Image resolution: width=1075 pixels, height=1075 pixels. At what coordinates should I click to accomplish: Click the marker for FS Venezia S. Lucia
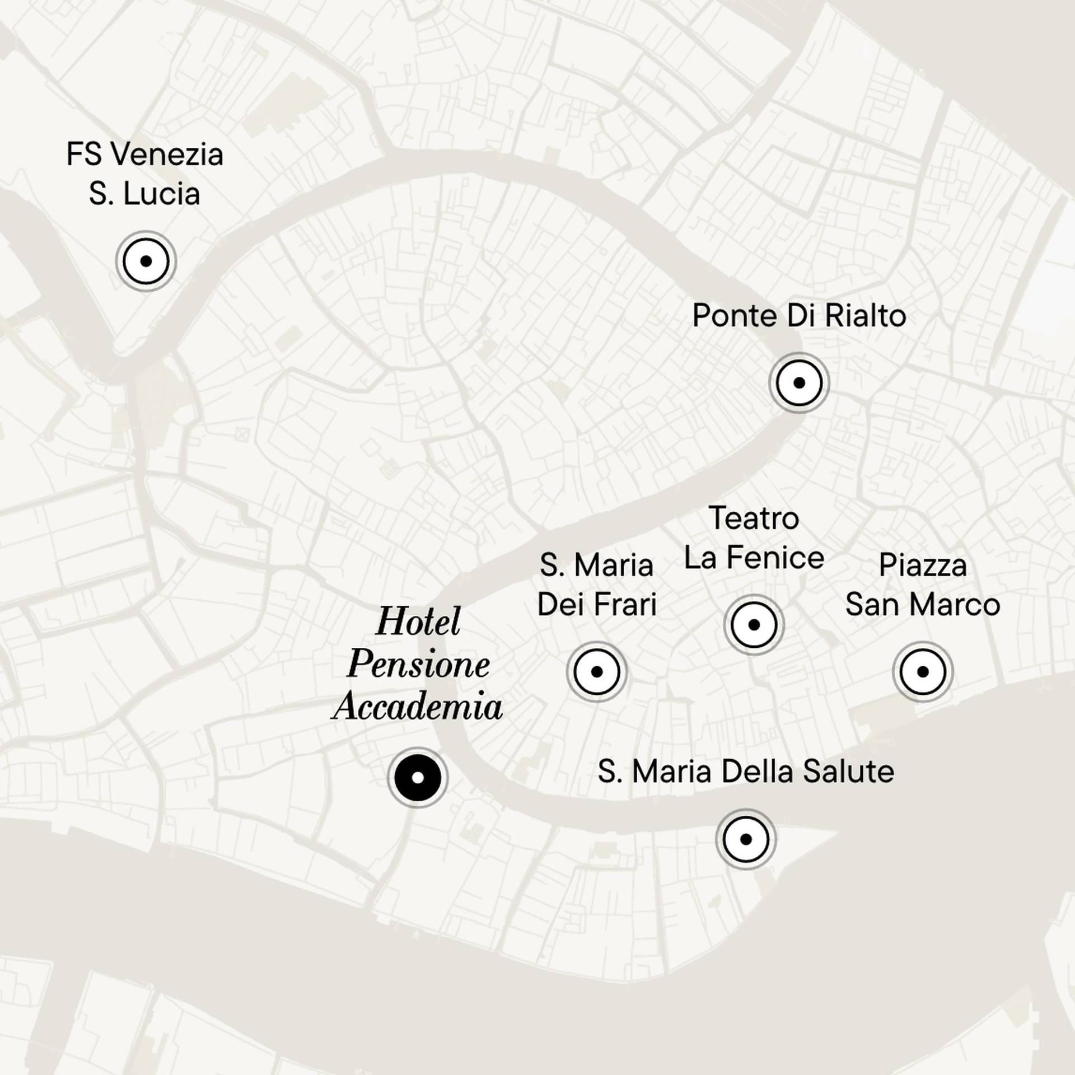point(146,261)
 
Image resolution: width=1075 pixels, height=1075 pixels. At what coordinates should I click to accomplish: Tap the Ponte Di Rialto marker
point(799,383)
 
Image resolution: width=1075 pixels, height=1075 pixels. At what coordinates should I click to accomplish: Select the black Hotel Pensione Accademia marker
point(417,778)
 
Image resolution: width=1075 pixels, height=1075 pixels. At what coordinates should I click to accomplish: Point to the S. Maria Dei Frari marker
point(596,671)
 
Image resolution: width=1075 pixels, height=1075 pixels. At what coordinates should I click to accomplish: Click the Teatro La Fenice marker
point(754,624)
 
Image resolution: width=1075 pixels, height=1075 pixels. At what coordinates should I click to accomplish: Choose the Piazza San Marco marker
point(923,671)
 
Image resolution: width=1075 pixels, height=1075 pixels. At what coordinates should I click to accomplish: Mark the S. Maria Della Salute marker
point(746,839)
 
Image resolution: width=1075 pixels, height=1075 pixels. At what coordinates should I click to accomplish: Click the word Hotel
point(418,621)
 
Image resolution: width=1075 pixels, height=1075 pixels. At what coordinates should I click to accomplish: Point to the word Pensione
point(418,665)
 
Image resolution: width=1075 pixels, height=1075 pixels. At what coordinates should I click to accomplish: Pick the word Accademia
point(418,706)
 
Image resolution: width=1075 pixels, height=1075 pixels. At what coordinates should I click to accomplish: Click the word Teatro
point(754,518)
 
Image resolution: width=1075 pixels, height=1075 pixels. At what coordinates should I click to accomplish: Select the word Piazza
point(923,565)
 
